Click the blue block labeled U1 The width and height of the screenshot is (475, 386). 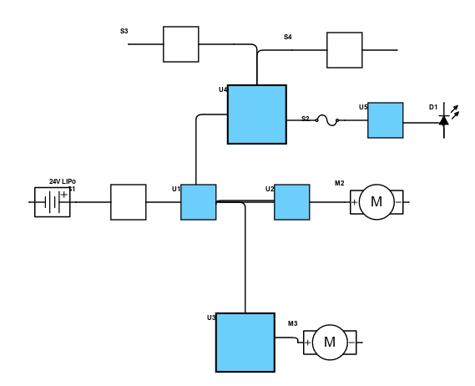199,202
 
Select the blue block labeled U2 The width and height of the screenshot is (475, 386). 292,202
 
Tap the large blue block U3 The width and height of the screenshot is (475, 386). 245,343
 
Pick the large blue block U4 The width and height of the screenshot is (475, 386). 257,114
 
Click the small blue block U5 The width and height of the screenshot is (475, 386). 386,120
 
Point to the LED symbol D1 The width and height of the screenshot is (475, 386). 447,120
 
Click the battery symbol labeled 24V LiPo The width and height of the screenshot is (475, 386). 53,202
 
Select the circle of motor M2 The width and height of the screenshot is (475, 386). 376,202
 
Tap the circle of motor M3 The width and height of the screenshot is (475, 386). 330,343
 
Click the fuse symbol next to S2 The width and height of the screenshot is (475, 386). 327,120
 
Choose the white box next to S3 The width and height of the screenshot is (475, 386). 181,44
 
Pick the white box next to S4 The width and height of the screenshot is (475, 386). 345,50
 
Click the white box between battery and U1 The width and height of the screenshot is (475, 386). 129,202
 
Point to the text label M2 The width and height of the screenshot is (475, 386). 340,183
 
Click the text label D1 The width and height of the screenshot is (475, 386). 433,107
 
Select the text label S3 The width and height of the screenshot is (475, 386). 124,31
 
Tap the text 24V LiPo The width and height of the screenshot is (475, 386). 63,181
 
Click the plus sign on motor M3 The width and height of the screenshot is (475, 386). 307,343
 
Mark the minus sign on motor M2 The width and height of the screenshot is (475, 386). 399,202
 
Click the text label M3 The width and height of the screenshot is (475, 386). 293,323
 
